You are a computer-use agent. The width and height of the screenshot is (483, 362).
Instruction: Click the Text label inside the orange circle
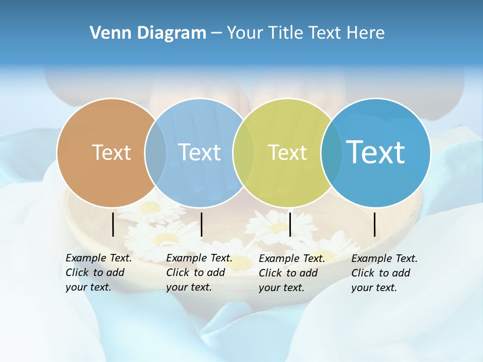coord(111,152)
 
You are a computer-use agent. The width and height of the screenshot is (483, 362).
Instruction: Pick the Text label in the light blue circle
coord(199,152)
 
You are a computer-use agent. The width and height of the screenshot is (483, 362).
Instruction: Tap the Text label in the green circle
coord(287,152)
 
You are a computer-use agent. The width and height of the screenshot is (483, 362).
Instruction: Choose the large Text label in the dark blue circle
coord(376,152)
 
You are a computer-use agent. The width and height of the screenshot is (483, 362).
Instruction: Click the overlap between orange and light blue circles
coord(155,152)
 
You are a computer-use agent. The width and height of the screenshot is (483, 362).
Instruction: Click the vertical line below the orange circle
coord(113,224)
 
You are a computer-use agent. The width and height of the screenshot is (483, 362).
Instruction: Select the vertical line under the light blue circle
coord(201,224)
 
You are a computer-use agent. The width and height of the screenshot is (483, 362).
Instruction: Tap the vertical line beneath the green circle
coord(290,224)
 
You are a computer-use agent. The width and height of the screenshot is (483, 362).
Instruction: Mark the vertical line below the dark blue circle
coord(375,224)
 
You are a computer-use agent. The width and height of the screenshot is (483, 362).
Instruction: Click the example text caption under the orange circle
coord(98,273)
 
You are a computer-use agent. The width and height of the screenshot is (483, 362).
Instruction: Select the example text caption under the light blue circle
coord(199,273)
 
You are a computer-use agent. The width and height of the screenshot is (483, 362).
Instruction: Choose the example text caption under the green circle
coord(291,273)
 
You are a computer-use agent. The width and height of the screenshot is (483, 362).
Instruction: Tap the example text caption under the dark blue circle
coord(384,273)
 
